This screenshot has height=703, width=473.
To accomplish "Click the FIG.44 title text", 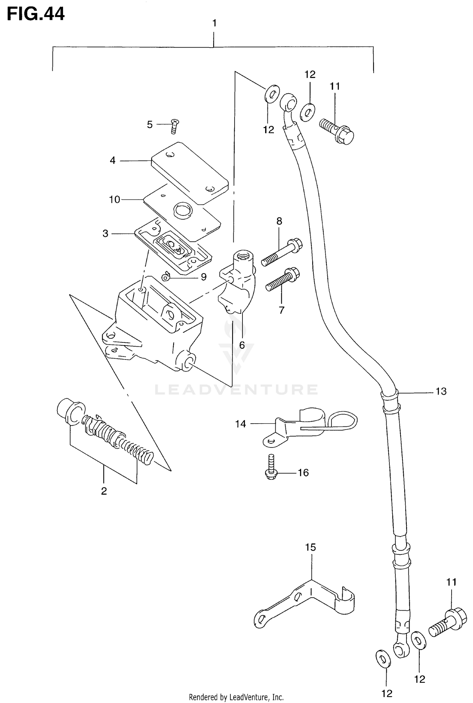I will (x=36, y=14).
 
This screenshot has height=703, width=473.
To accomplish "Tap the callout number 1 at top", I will (x=214, y=23).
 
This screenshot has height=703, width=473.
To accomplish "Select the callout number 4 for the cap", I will (x=113, y=161).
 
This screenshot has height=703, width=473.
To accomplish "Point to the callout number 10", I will (x=115, y=199).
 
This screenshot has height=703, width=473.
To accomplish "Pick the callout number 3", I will (x=105, y=233).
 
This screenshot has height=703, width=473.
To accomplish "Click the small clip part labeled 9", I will (x=166, y=277).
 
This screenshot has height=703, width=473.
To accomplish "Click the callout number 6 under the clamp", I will (x=242, y=345).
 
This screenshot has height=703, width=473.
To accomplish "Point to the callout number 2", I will (x=104, y=491).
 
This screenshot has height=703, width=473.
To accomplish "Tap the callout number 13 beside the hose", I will (x=441, y=391).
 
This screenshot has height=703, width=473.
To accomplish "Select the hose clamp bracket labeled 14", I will (x=303, y=426).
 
